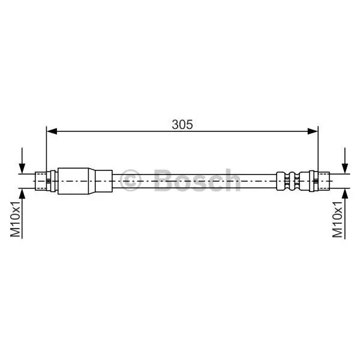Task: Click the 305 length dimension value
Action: point(182,124)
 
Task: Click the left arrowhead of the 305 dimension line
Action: point(52,131)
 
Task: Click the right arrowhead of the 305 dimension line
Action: point(313,131)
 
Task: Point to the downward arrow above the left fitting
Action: point(22,161)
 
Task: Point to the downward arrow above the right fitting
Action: point(345,161)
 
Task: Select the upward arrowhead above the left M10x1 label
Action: point(22,194)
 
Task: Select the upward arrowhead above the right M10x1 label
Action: point(345,194)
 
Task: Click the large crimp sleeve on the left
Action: point(73,181)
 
